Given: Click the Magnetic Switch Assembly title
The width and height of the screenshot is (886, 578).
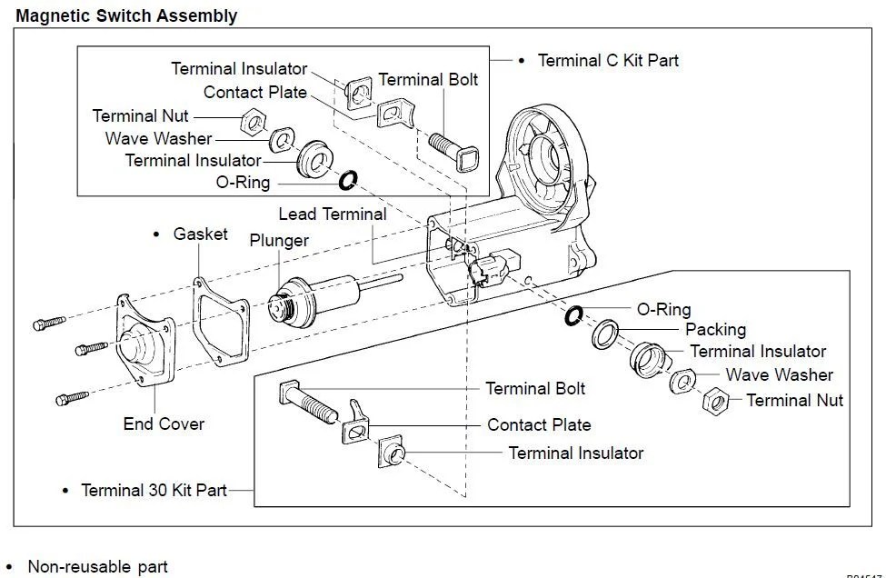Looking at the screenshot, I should tap(126, 15).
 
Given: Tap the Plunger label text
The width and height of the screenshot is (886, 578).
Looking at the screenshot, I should tap(279, 241).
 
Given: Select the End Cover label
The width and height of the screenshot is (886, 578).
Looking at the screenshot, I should tap(164, 424).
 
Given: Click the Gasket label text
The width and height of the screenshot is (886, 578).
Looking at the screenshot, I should tap(200, 234).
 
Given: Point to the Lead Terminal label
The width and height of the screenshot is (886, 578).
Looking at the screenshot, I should tap(332, 214).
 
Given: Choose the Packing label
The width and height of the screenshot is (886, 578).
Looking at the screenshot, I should tap(715, 329).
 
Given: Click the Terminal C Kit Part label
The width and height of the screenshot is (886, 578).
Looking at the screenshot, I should tap(608, 61).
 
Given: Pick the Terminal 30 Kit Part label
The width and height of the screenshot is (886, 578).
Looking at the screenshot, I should tap(154, 490).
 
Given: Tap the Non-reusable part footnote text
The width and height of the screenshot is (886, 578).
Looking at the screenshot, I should tap(97, 567).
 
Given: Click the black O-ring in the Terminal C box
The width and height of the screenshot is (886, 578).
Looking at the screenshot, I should tap(347, 181).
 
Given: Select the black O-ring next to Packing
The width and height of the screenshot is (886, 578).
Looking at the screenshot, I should tap(573, 315).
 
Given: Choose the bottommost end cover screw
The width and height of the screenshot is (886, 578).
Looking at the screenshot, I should tap(72, 397).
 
